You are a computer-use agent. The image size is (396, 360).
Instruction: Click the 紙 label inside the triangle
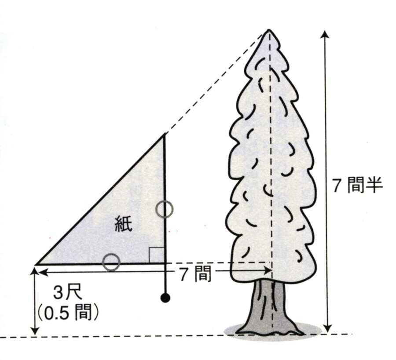124,224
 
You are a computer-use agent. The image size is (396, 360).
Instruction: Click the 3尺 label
68,293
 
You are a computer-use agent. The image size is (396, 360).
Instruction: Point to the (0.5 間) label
68,313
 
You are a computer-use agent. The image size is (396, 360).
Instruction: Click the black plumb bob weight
165,298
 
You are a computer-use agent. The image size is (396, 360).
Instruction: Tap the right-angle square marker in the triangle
157,255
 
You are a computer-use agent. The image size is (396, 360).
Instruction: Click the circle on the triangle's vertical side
165,209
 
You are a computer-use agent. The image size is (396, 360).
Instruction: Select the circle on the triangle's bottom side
111,262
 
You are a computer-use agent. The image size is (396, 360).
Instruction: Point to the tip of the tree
269,30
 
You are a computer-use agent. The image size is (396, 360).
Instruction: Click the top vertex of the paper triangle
165,135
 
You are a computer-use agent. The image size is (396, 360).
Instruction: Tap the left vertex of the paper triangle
36,264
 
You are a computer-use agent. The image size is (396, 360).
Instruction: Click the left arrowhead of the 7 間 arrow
43,272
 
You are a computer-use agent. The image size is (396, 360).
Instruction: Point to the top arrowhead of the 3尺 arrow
35,271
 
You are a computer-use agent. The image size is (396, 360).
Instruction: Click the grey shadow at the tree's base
273,331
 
